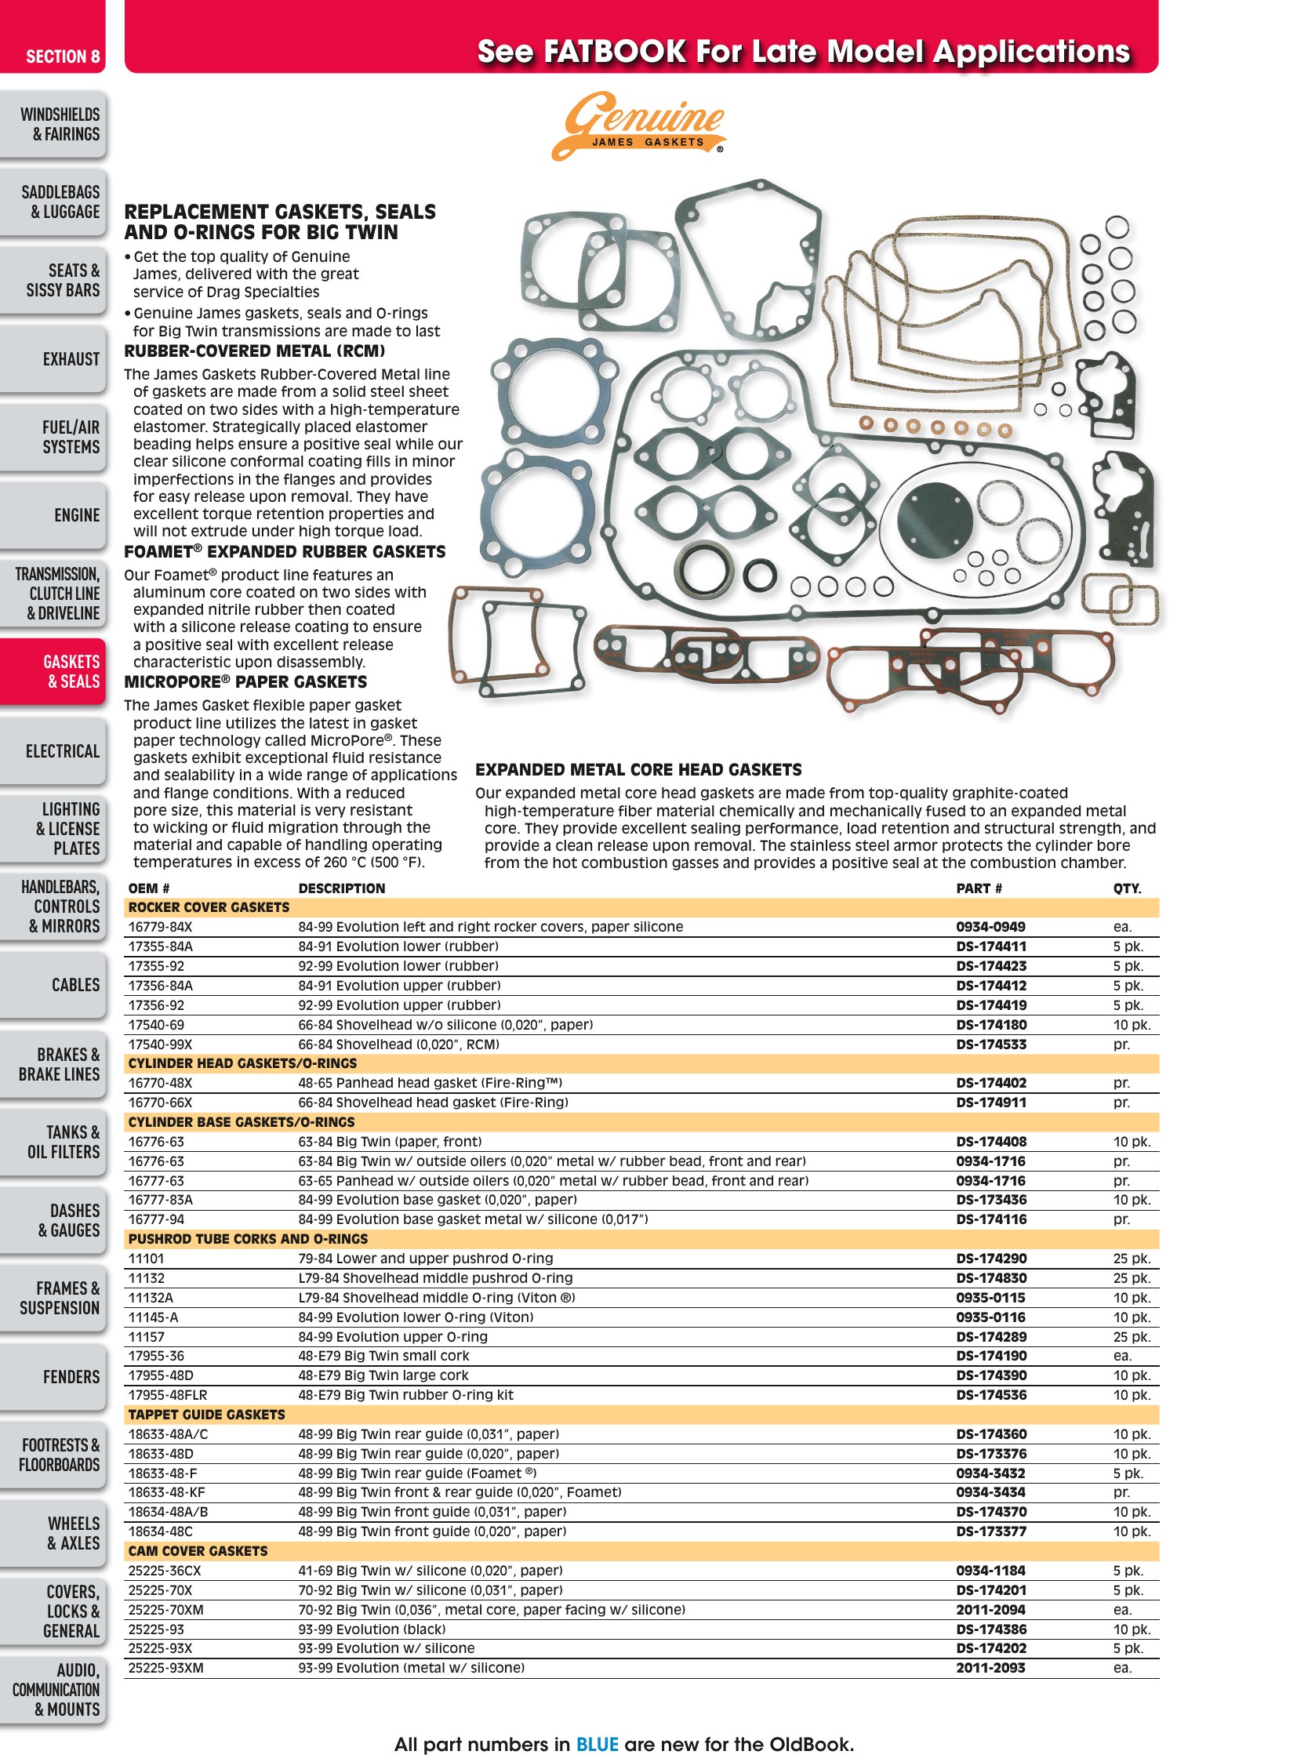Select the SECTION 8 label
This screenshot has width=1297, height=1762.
[x=63, y=56]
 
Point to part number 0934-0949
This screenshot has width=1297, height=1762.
[x=990, y=927]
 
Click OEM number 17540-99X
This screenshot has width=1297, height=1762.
[x=160, y=1044]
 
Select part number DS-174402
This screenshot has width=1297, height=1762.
[x=991, y=1083]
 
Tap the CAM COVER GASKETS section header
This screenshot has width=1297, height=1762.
[x=198, y=1551]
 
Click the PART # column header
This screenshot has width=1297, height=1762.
[x=979, y=888]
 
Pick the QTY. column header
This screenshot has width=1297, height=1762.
[x=1127, y=888]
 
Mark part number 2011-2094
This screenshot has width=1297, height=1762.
[x=990, y=1610]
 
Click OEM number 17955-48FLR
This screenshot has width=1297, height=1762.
[x=168, y=1394]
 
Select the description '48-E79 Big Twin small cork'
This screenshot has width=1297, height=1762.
[x=383, y=1355]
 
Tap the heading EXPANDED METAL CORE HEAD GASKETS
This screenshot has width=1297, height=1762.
[x=638, y=769]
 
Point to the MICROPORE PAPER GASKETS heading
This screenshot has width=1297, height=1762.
[x=245, y=681]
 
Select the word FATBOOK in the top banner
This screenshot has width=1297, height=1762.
[x=615, y=52]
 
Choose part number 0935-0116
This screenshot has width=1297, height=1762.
[x=990, y=1317]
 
